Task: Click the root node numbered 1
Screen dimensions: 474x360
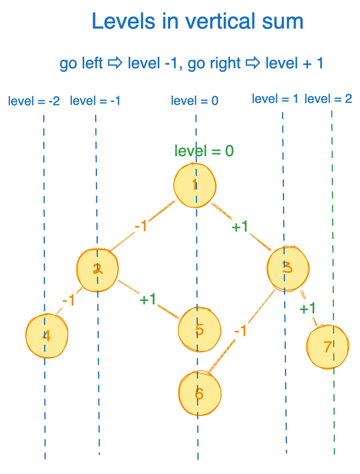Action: coord(195,186)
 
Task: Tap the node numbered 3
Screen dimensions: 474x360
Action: coord(288,268)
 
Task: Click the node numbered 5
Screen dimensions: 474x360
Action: coord(199,329)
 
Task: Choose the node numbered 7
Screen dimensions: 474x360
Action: coord(328,346)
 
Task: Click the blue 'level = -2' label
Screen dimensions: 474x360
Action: coord(34,101)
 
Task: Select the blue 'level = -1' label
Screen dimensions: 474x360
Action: coord(95,101)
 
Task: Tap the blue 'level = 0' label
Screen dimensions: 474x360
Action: coord(195,101)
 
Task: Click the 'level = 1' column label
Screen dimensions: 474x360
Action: coord(275,99)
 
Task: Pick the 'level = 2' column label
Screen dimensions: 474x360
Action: coord(328,99)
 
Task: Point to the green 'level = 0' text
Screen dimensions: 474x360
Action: coord(204,151)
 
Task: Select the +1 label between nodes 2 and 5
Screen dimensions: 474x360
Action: coord(148,300)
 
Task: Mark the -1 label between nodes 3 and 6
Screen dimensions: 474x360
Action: coord(240,331)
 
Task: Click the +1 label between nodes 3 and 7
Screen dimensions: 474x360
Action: coord(308,308)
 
